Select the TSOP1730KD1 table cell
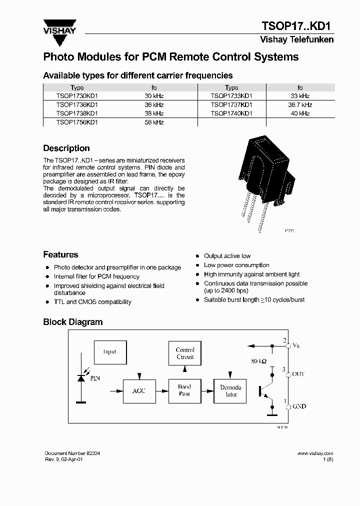point(77,96)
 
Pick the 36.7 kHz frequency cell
point(300,105)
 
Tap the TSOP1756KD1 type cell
point(77,122)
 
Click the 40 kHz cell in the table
point(300,113)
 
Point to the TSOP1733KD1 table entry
point(231,96)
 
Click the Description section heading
point(66,148)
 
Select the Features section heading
point(60,254)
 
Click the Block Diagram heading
point(73,322)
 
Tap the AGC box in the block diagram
point(138,390)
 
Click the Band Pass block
point(184,390)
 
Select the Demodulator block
point(231,390)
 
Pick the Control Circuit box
point(185,353)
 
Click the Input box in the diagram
point(109,352)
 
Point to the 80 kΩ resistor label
point(258,361)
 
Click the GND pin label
point(298,406)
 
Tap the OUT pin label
point(298,374)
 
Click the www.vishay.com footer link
point(315,453)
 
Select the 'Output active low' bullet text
point(227,256)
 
